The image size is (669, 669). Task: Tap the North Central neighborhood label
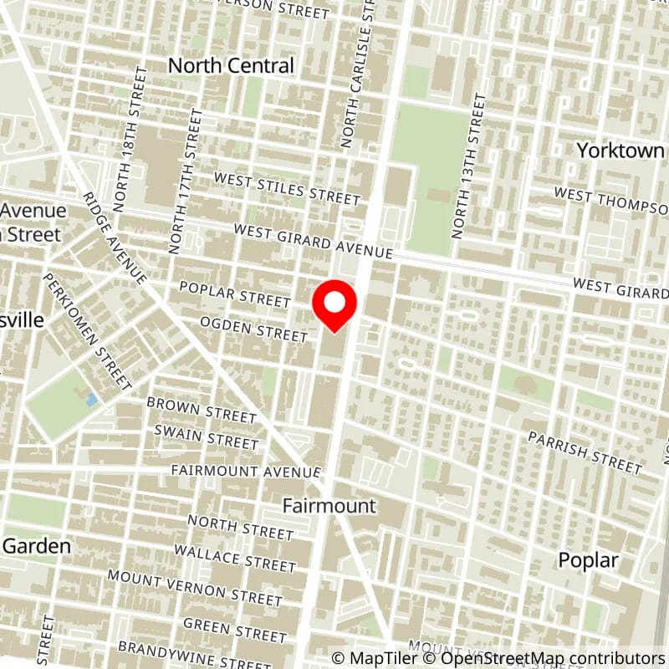coord(232,65)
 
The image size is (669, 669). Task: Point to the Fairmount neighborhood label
coord(329,506)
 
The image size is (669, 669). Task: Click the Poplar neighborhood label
coord(590,560)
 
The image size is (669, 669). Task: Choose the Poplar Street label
coord(234,294)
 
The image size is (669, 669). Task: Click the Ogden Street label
coord(253,329)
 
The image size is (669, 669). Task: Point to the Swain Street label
coord(207,436)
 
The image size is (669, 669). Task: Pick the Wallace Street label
coord(234,558)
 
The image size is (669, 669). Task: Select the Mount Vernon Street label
coord(195,586)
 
